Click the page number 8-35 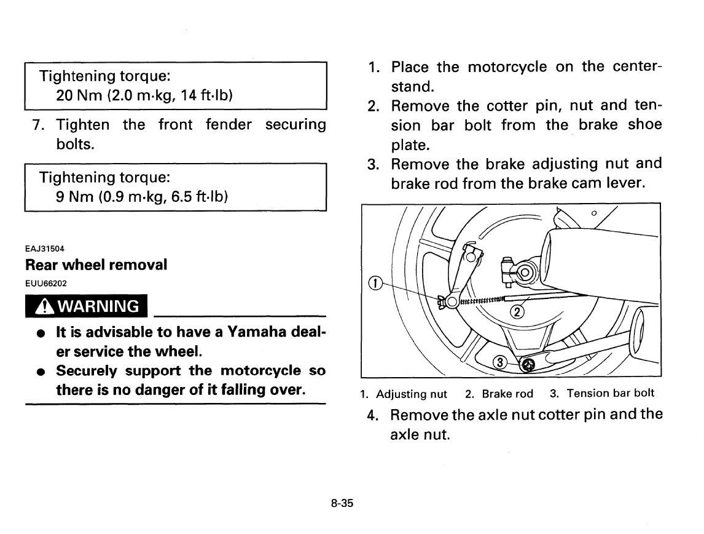point(342,503)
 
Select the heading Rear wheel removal point(96,265)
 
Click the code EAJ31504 point(45,248)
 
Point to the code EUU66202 point(46,283)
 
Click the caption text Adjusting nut point(411,394)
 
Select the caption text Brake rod point(507,394)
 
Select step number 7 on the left point(37,125)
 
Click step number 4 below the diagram point(372,415)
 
